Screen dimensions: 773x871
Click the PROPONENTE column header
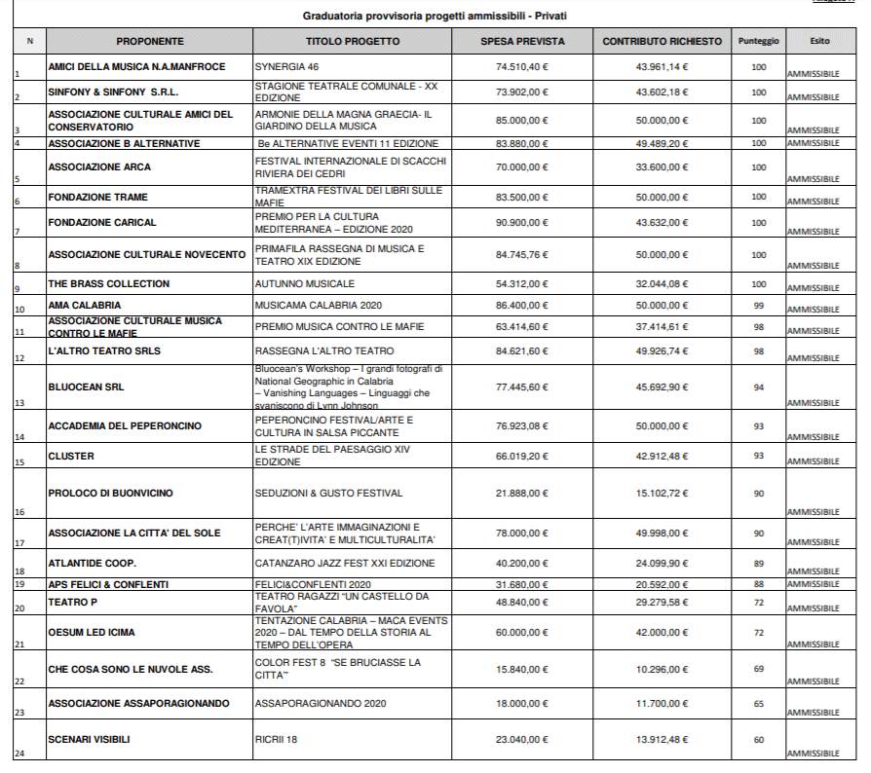150,42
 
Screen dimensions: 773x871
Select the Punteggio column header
758,42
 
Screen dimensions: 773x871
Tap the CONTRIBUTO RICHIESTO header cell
662,42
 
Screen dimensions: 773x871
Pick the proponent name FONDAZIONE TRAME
98,198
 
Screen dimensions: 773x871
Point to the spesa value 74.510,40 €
521,67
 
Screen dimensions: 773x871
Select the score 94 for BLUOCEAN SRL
758,387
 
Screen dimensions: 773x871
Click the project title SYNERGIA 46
287,67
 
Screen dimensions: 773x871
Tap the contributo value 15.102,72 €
662,494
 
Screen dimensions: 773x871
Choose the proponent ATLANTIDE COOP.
93,564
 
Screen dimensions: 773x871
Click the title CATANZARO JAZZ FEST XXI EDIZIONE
345,564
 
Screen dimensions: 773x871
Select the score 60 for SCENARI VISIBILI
758,740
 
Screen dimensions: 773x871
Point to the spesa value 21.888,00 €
521,494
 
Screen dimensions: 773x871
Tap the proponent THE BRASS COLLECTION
109,284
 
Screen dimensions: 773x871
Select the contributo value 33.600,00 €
662,167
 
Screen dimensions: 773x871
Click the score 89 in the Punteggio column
758,564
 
